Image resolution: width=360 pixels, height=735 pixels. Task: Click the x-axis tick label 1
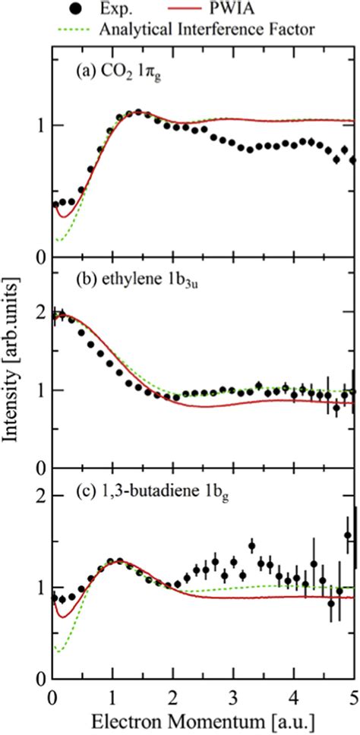(x=112, y=699)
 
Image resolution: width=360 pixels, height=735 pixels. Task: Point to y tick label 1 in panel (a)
(x=36, y=125)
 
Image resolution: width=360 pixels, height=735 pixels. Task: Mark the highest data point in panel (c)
(x=349, y=535)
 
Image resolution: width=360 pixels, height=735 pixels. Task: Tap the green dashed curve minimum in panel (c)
(x=58, y=651)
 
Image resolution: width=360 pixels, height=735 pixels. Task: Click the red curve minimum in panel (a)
(x=65, y=217)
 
